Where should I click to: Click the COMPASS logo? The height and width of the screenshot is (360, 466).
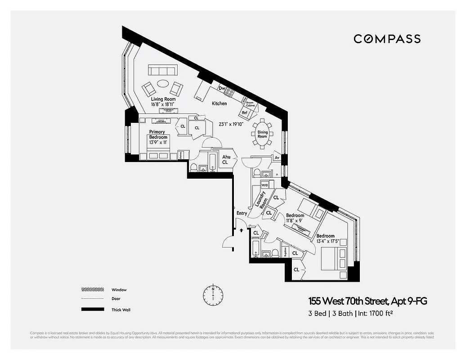point(387,39)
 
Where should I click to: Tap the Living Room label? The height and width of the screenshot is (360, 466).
point(163,99)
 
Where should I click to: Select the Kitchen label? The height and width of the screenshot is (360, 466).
point(220,103)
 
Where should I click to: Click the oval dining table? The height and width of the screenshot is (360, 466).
point(262,134)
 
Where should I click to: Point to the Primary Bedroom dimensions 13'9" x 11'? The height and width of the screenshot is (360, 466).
point(158,142)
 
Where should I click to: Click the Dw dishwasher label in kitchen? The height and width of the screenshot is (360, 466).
point(222,89)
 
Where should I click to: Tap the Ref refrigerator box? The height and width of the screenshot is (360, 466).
point(245,112)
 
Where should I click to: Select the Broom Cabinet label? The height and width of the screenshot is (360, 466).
point(250,104)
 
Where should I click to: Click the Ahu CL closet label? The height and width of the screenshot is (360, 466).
point(225,160)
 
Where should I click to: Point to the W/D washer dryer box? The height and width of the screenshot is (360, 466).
point(264,185)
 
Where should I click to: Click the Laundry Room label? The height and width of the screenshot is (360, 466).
point(261,199)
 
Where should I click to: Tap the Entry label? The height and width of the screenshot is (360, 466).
point(242,213)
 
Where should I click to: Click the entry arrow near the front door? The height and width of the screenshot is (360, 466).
point(242,229)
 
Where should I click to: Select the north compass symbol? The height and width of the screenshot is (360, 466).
point(213,295)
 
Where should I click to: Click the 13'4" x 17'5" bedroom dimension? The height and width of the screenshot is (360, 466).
point(325,241)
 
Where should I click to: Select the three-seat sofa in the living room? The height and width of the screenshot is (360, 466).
point(163,70)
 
